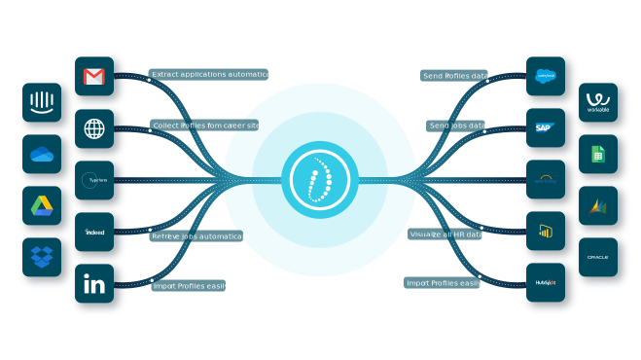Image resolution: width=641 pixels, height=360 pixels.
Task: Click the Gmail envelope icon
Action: click(94, 76)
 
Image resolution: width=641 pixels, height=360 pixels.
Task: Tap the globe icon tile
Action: click(94, 128)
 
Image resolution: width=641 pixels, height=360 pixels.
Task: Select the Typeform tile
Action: click(94, 180)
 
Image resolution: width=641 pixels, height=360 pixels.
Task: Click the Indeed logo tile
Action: click(94, 232)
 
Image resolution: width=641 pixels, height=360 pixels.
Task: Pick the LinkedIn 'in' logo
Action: click(94, 284)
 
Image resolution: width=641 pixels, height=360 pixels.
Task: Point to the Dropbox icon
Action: click(42, 257)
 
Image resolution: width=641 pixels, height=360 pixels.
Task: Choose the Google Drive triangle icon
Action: click(42, 205)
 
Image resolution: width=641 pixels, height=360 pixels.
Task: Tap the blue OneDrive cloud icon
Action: click(42, 154)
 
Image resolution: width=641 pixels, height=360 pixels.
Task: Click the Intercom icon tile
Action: click(42, 101)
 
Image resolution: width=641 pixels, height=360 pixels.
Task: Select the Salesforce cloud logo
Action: click(546, 76)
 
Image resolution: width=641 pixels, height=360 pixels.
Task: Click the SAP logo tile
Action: click(546, 127)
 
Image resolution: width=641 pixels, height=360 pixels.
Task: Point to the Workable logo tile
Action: click(597, 102)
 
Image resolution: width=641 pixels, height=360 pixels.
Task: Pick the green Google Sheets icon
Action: click(597, 154)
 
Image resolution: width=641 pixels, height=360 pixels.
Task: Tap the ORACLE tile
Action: click(597, 257)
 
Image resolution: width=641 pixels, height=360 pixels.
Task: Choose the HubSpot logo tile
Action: click(546, 282)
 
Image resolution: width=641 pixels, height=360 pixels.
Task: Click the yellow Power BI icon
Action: click(546, 231)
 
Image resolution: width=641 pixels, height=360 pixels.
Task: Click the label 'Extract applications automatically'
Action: click(215, 74)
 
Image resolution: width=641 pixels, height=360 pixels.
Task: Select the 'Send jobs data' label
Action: click(457, 126)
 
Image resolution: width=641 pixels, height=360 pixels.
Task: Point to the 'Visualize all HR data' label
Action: click(445, 234)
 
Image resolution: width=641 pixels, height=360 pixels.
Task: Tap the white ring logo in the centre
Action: click(319, 180)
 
